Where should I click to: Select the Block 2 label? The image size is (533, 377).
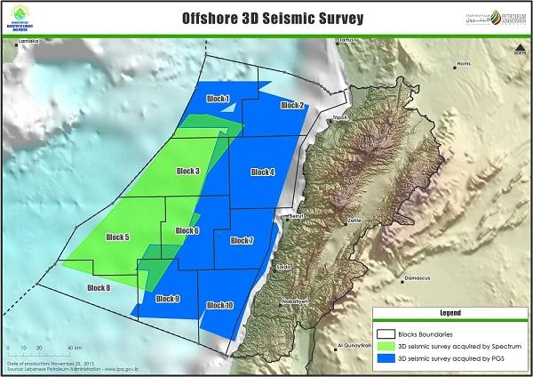[292, 106]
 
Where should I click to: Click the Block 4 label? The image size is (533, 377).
[263, 172]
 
